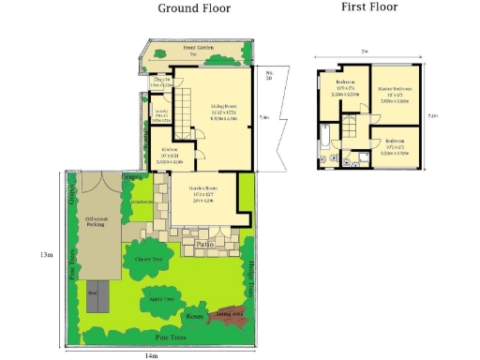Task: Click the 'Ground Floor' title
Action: point(193,8)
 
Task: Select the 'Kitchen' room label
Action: point(171,150)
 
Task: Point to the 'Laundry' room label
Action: point(160,112)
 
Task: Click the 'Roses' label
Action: point(196,316)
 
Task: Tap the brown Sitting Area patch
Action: point(230,316)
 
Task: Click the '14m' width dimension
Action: point(150,355)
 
